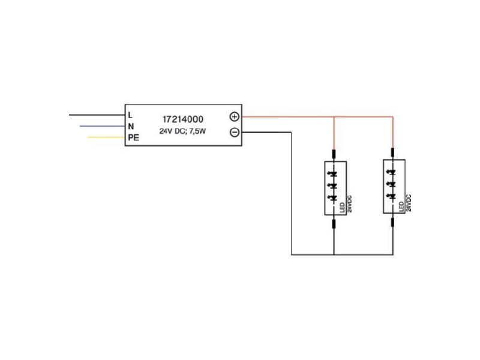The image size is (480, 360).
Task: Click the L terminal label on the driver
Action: click(x=130, y=115)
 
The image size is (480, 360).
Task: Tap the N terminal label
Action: click(x=131, y=126)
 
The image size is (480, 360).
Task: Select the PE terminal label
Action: click(x=133, y=137)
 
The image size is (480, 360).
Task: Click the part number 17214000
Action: click(x=183, y=119)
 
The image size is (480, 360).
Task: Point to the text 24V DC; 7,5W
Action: click(x=183, y=131)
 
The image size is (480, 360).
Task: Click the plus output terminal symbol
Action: click(x=235, y=116)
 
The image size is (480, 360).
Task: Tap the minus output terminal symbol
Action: click(x=235, y=132)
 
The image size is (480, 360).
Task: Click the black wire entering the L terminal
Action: click(x=97, y=115)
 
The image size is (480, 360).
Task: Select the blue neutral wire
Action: click(x=103, y=126)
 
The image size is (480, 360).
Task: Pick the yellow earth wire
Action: click(x=106, y=137)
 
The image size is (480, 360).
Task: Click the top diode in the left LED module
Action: click(x=333, y=174)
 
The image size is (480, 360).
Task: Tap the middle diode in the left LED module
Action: click(x=333, y=186)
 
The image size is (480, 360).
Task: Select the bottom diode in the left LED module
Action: click(x=333, y=198)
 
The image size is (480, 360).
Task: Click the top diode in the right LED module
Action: click(x=392, y=173)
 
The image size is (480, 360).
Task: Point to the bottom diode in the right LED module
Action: click(x=392, y=196)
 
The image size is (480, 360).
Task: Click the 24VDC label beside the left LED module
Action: click(x=350, y=204)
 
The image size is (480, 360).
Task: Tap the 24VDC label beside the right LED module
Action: click(x=409, y=203)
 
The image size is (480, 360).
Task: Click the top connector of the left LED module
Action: click(x=334, y=154)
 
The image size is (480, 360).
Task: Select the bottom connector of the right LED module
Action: click(x=393, y=222)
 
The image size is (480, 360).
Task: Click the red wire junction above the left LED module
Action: click(x=334, y=116)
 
